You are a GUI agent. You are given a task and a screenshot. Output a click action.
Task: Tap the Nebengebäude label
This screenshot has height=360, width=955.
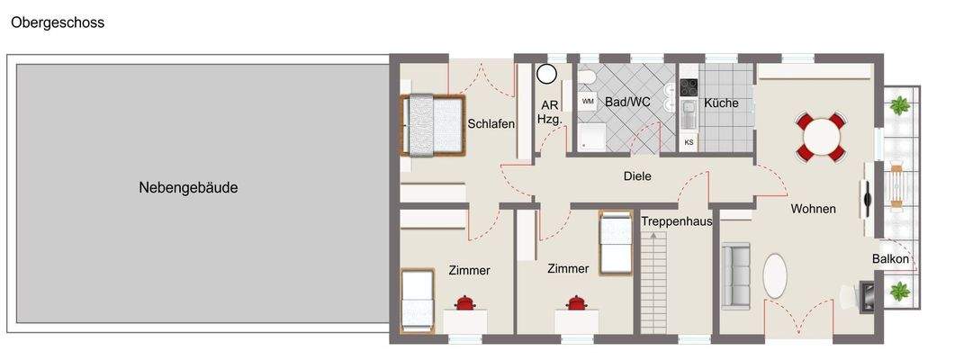[188, 188]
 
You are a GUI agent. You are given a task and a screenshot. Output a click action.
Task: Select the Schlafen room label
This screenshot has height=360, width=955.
[491, 124]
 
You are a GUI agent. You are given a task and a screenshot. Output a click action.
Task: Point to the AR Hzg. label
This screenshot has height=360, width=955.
[549, 111]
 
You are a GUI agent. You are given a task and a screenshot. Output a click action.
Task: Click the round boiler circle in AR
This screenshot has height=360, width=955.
[547, 73]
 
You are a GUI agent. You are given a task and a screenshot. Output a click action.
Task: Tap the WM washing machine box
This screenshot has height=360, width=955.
[588, 102]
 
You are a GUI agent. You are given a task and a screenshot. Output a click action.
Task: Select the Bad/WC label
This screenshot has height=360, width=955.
[627, 102]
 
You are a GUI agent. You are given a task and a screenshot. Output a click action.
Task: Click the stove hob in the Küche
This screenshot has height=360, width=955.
[689, 87]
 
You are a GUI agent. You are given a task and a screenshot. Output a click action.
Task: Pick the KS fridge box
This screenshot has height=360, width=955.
[689, 142]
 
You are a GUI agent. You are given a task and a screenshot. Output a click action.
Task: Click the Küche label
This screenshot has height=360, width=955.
[721, 103]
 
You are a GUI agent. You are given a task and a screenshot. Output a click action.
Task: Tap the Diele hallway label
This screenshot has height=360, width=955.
[636, 176]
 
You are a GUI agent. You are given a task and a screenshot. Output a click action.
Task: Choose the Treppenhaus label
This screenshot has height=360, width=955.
[677, 220]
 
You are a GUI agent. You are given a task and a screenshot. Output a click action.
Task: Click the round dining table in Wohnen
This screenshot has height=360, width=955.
[821, 138]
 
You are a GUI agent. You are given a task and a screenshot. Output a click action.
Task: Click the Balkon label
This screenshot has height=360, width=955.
[890, 259]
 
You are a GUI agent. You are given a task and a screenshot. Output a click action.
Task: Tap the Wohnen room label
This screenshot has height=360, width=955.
[813, 209]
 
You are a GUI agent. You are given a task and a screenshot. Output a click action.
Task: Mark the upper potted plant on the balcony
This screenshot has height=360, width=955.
[898, 105]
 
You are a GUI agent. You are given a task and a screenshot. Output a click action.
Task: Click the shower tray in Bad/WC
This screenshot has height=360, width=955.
[592, 137]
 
